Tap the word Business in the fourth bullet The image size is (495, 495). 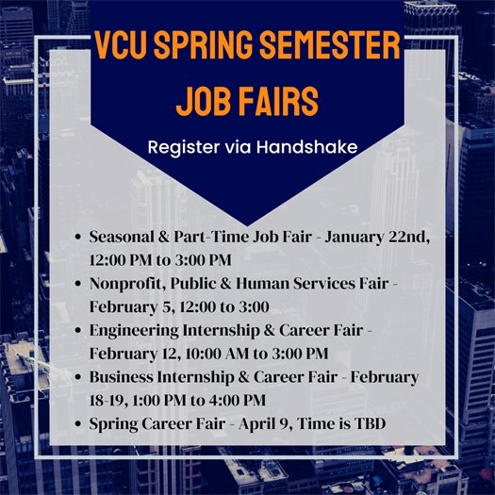pos(121,377)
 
